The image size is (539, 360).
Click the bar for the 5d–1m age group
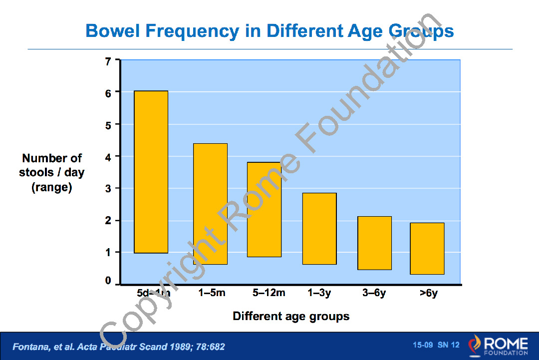[x=151, y=172]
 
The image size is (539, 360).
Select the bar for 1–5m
[x=211, y=204]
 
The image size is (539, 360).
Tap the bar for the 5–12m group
[x=265, y=209]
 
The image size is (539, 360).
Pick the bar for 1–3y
[x=319, y=228]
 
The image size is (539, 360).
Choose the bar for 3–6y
[x=374, y=243]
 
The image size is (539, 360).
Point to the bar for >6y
[x=427, y=248]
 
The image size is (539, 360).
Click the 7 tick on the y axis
[x=109, y=61]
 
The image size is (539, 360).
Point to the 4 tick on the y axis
[x=109, y=156]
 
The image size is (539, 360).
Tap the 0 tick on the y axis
[x=109, y=282]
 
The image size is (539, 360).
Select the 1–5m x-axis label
[x=212, y=293]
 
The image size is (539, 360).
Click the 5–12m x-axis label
[x=269, y=293]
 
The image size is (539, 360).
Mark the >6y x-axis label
[x=429, y=293]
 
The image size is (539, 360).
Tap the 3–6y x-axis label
[x=374, y=293]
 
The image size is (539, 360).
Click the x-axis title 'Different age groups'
[x=291, y=316]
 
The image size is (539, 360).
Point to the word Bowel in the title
[x=113, y=31]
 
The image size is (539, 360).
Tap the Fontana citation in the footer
[x=119, y=347]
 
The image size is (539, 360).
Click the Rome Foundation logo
[x=498, y=346]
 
